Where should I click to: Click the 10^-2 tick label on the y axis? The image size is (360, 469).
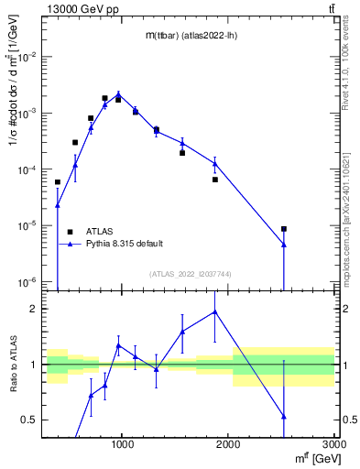tap(27, 57)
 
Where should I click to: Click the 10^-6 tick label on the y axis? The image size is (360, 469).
tap(27, 281)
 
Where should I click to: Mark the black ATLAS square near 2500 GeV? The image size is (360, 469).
tap(284, 229)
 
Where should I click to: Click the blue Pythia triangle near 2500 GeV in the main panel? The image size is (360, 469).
tap(284, 245)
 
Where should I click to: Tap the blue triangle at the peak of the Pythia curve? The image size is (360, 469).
tap(118, 94)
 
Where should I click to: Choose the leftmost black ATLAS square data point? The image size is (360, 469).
tap(58, 182)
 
